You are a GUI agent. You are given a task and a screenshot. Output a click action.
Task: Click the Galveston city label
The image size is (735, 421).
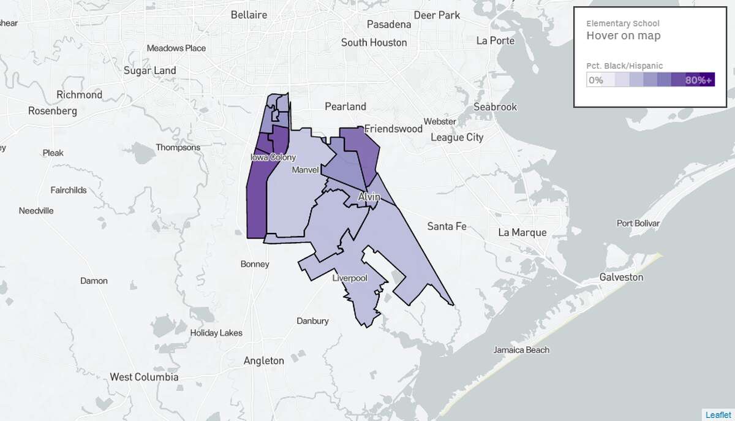pos(622,277)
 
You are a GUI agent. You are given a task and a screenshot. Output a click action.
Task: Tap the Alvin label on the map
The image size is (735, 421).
pos(369,197)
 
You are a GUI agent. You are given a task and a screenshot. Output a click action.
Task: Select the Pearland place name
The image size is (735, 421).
pos(345,106)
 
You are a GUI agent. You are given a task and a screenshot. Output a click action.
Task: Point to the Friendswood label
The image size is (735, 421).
pos(394,129)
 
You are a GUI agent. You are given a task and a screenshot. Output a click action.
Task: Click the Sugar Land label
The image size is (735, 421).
pos(150,70)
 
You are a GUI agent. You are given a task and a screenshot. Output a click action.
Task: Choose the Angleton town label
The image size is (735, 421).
pos(264,360)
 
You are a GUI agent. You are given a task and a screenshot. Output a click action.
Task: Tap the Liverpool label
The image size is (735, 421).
pos(349,278)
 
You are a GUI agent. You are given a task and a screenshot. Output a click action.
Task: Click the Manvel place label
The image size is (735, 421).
pos(306,169)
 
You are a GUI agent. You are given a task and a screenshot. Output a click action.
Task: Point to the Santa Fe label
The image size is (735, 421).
pos(447,226)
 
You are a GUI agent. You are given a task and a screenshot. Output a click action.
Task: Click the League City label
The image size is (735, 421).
pos(457,137)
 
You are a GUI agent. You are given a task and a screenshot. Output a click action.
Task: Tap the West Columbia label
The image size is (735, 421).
pos(144,377)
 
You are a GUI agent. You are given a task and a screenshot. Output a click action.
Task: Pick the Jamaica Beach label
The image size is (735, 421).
pos(521,350)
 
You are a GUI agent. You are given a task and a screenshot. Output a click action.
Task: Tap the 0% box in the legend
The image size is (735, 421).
pos(596,80)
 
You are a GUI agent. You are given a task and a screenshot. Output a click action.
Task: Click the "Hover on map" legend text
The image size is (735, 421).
pos(624,36)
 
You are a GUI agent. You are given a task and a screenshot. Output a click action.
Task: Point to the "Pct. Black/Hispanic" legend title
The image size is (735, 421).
pos(625,66)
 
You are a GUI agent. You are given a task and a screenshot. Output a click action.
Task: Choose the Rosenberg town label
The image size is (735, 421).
pos(53,111)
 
